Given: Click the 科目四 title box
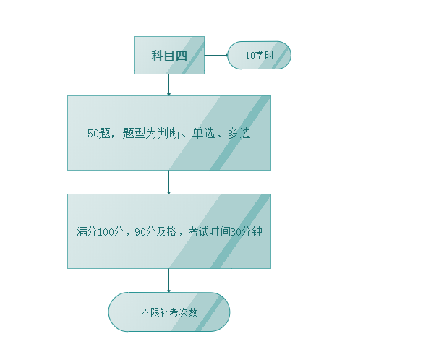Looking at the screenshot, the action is [169, 55].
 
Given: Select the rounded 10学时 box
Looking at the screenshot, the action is [259, 55].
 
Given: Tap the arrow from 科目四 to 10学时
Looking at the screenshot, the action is [216, 55].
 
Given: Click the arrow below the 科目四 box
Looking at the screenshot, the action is [168, 85].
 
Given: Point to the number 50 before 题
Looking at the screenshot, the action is [93, 134].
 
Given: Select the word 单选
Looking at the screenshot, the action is [203, 133].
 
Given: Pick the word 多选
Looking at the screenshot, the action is [239, 133].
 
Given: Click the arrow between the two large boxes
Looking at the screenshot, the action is [168, 182].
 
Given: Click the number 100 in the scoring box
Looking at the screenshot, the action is [106, 232].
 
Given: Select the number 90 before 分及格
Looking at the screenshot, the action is [140, 232].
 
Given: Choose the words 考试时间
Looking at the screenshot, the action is [209, 231].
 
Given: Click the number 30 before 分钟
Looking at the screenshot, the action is [236, 232].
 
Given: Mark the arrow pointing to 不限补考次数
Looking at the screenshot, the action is [168, 280].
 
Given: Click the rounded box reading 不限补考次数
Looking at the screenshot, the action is [169, 312].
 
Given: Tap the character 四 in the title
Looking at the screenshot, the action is [182, 56].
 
